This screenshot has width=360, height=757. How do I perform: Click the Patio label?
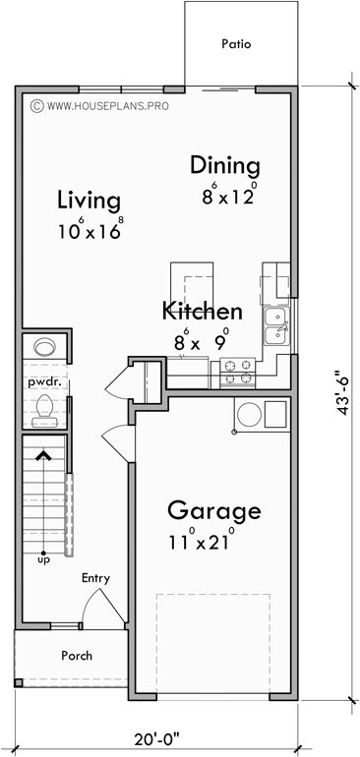pos(236,44)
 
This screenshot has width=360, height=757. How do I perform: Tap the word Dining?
pos(225,165)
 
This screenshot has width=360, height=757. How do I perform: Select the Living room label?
pos(89,201)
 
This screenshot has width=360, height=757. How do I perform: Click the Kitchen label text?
pos(202,312)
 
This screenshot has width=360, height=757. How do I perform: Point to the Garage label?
pos(213,511)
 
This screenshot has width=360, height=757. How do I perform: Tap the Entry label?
pos(95,578)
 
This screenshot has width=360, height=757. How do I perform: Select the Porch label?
pos(77,655)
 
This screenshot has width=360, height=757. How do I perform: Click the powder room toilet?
pos(44,408)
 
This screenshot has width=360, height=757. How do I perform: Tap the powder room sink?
pos(44,347)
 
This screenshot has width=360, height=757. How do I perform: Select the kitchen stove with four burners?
pos(238,371)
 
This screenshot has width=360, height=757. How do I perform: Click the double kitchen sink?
pos(276,324)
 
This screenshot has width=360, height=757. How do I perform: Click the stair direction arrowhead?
pos(42,454)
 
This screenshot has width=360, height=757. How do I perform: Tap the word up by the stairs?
pos(43,560)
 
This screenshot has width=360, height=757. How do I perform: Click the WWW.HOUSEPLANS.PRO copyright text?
pos(100,102)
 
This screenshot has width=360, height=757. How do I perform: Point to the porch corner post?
pos(19,683)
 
